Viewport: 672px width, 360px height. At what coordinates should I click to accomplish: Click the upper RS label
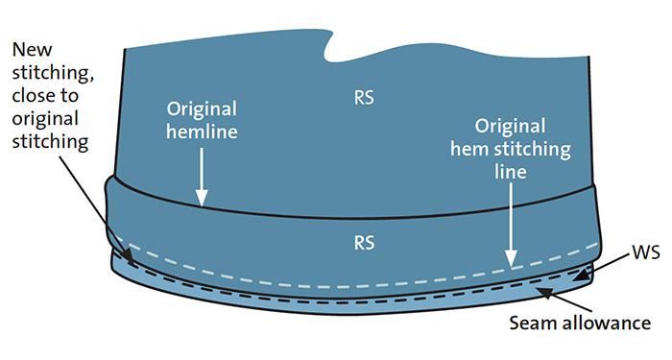(364, 98)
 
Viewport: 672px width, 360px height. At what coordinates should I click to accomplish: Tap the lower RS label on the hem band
(364, 243)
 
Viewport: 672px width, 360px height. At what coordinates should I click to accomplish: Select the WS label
(646, 252)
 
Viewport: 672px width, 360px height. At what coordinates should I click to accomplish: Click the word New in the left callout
(32, 50)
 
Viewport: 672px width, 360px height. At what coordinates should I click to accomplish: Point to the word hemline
(202, 132)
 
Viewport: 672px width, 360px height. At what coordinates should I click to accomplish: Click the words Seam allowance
(580, 323)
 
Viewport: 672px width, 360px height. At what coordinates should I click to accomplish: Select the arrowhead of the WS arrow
(580, 276)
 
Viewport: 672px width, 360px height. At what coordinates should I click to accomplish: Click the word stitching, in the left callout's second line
(53, 73)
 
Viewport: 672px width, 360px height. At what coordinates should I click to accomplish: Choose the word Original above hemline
(202, 108)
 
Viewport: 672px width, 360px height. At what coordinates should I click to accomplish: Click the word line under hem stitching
(510, 172)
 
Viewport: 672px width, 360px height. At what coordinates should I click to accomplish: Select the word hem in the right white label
(469, 149)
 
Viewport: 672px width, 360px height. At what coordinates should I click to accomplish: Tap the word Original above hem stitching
(510, 126)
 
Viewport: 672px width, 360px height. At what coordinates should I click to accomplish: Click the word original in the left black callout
(45, 119)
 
